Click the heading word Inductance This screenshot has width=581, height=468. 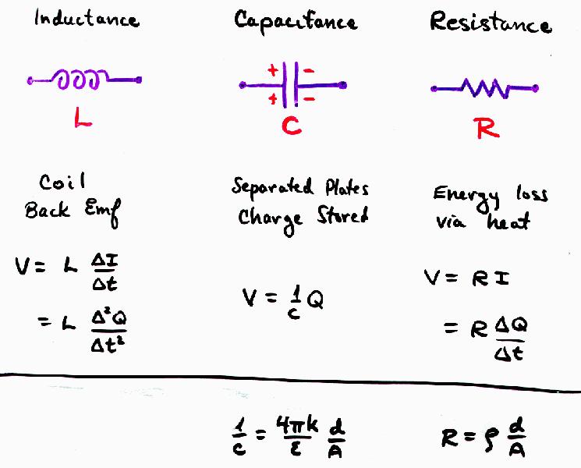pyautogui.click(x=86, y=19)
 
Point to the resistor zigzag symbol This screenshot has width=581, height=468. pyautogui.click(x=485, y=89)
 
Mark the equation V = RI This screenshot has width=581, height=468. pyautogui.click(x=466, y=278)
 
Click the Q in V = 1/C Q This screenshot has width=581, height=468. pyautogui.click(x=316, y=299)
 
